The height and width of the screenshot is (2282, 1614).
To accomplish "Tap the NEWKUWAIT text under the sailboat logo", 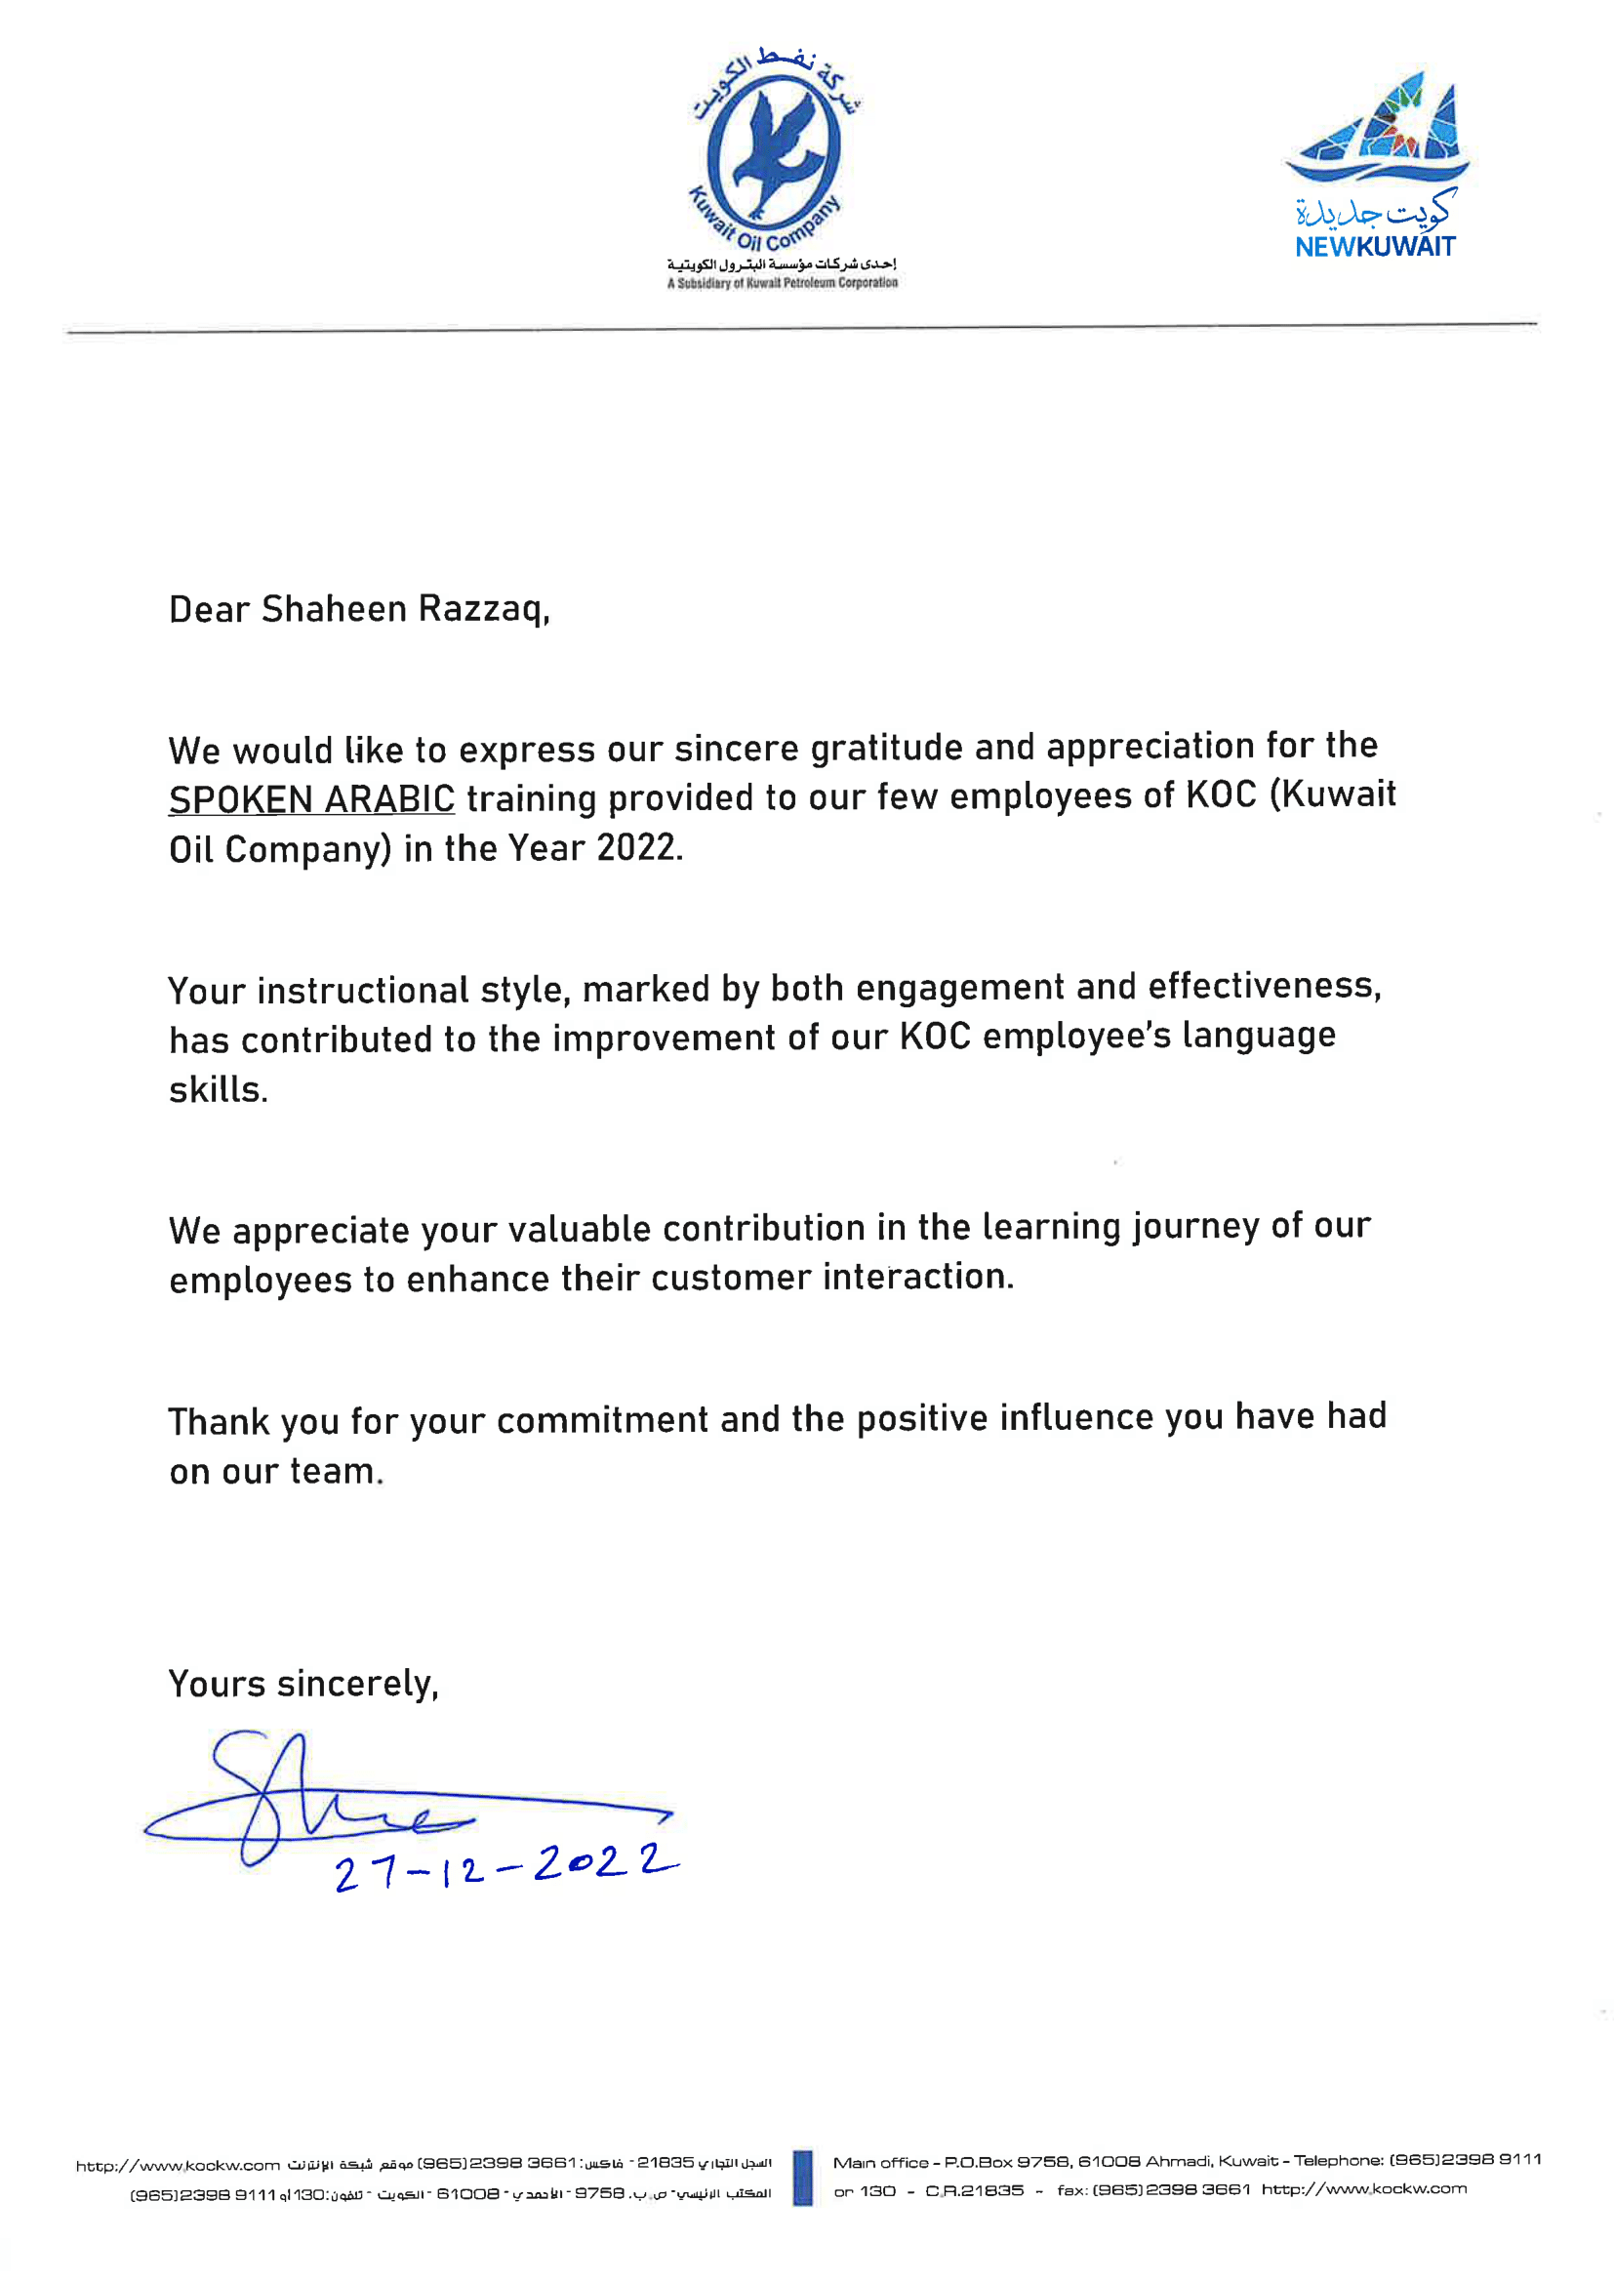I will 1375,247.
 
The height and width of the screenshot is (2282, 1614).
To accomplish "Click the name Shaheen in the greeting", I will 334,608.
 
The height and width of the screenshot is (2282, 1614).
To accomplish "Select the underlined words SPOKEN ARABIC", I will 311,799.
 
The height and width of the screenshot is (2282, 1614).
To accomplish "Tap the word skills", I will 218,1089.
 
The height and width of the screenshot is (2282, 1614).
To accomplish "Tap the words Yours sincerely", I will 303,1684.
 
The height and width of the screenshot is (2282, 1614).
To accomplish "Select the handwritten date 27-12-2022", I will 504,1866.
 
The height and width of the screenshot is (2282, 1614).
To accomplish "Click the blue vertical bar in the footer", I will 803,2178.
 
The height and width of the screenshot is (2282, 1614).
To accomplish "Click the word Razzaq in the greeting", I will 483,608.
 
